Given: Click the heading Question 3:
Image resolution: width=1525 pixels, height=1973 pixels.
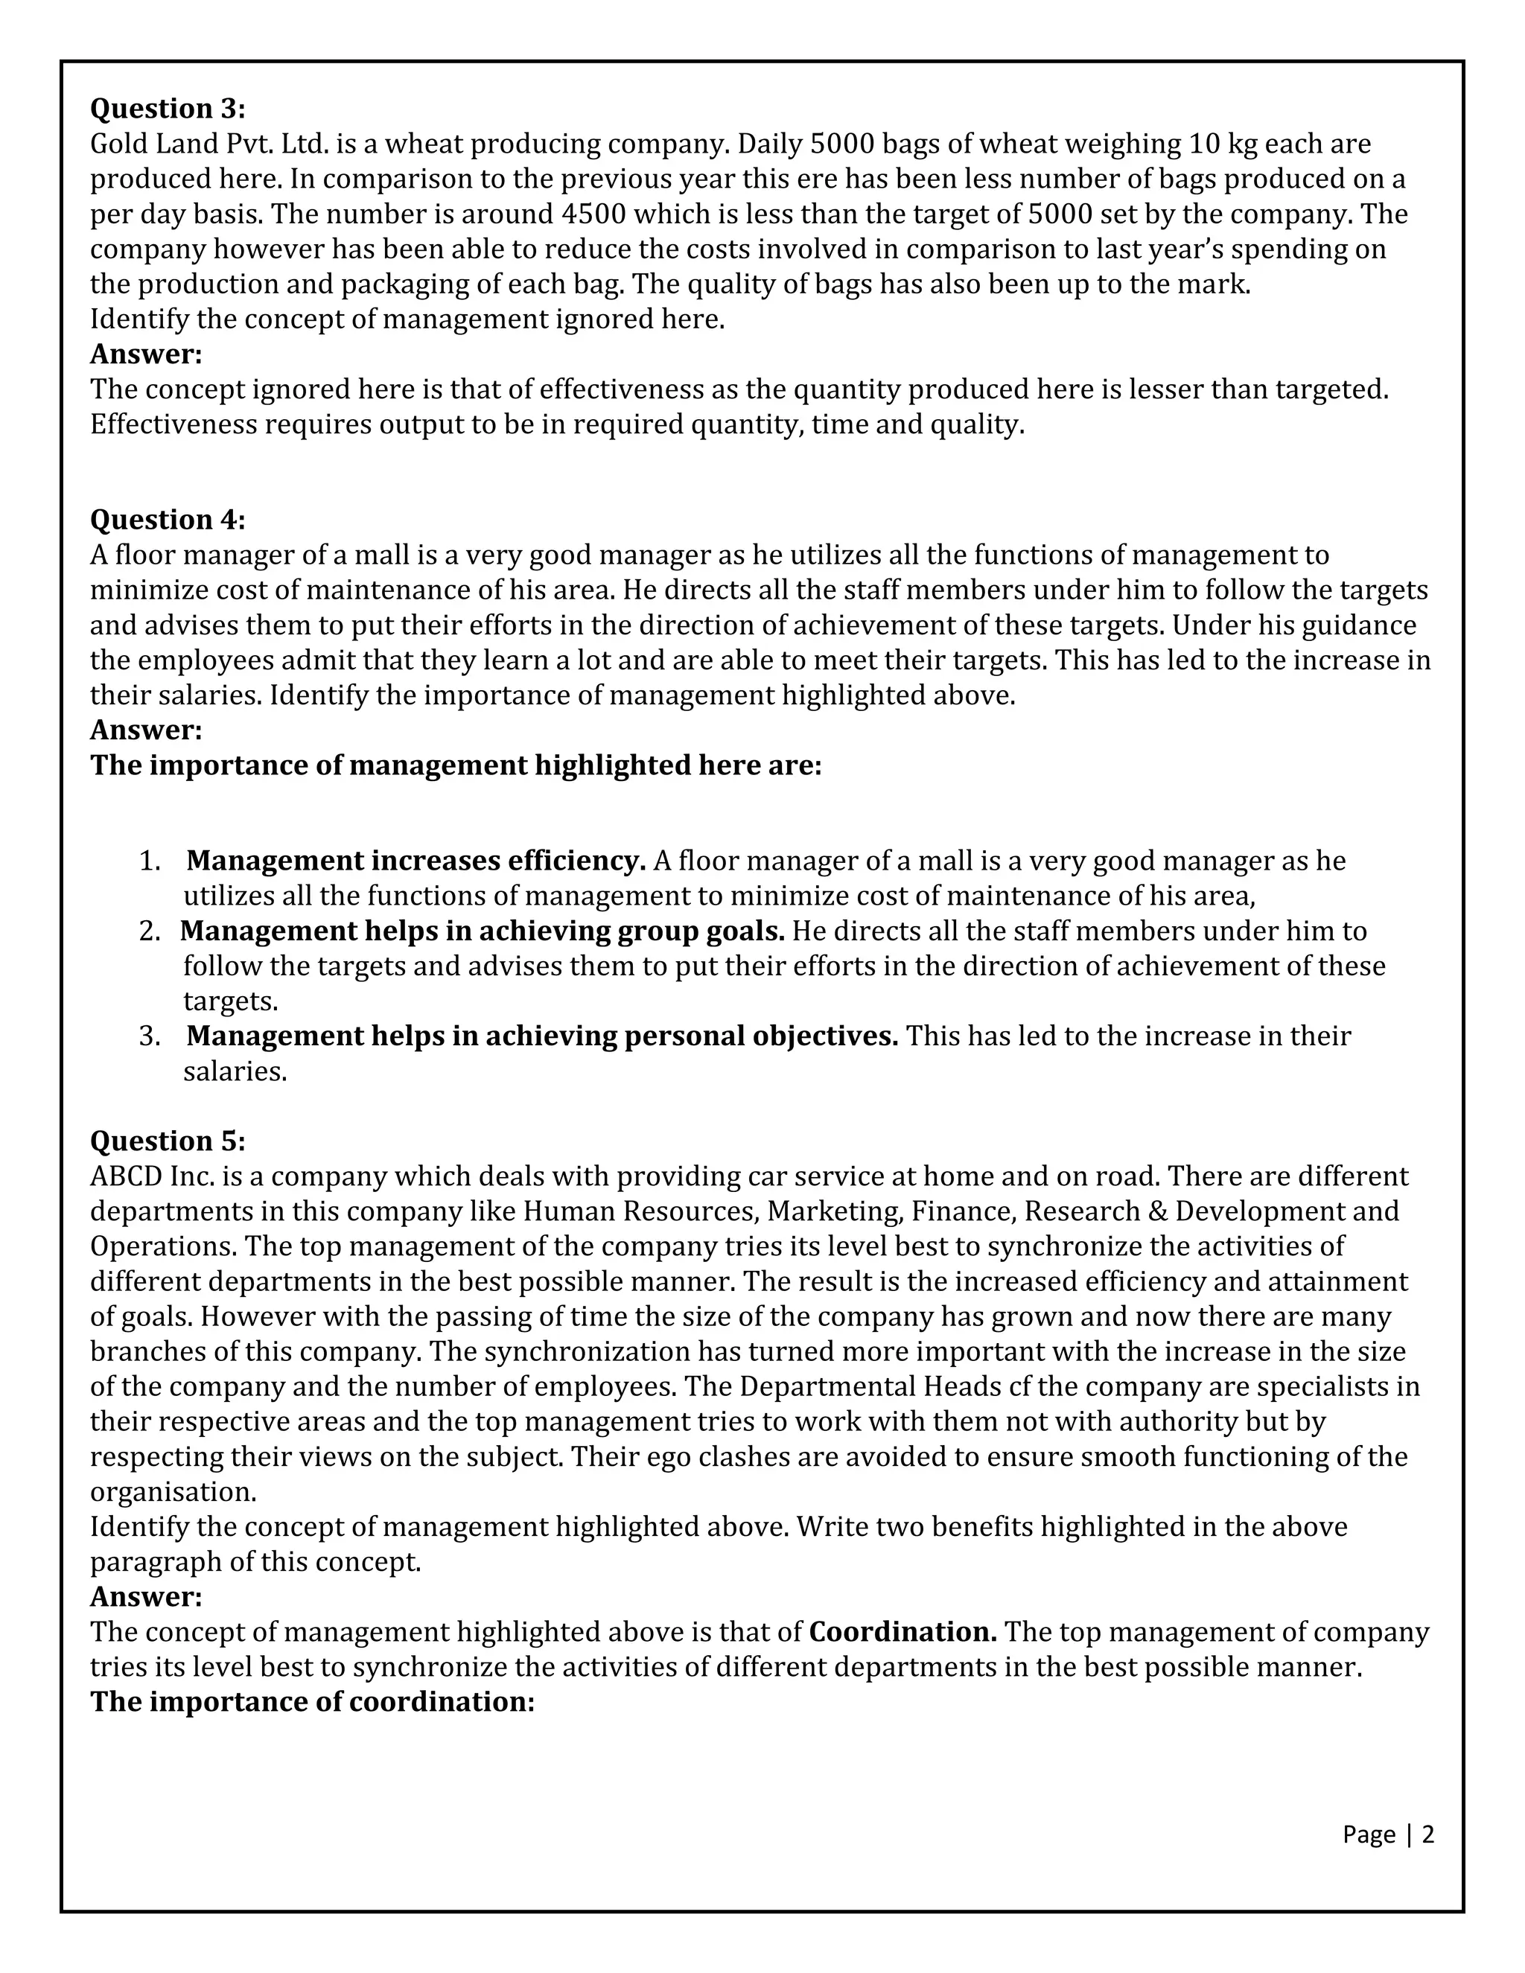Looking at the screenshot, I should point(167,109).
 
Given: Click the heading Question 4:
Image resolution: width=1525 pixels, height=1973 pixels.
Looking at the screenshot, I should point(167,520).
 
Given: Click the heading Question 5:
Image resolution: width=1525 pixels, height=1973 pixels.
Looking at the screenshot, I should point(167,1141).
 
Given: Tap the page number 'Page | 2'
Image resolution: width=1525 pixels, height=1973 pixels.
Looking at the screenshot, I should point(1388,1834).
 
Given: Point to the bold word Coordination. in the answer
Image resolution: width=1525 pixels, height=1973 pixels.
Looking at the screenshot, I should point(902,1631).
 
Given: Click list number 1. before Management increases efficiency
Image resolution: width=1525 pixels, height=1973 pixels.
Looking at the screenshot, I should point(150,861).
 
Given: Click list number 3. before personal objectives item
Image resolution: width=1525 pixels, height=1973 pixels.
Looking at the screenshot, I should point(150,1036).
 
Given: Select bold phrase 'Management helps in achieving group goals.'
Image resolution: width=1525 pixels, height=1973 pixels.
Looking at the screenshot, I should point(483,931).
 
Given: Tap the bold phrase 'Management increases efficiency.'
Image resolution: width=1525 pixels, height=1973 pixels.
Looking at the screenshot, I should point(416,861).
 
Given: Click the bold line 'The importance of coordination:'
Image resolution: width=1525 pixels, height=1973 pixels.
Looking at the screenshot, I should point(313,1702).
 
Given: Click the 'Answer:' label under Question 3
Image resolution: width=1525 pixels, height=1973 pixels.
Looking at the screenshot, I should point(145,354).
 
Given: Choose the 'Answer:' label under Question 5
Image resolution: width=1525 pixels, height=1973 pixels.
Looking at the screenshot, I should point(145,1596).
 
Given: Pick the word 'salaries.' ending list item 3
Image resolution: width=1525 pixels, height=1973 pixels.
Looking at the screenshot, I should point(235,1071).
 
